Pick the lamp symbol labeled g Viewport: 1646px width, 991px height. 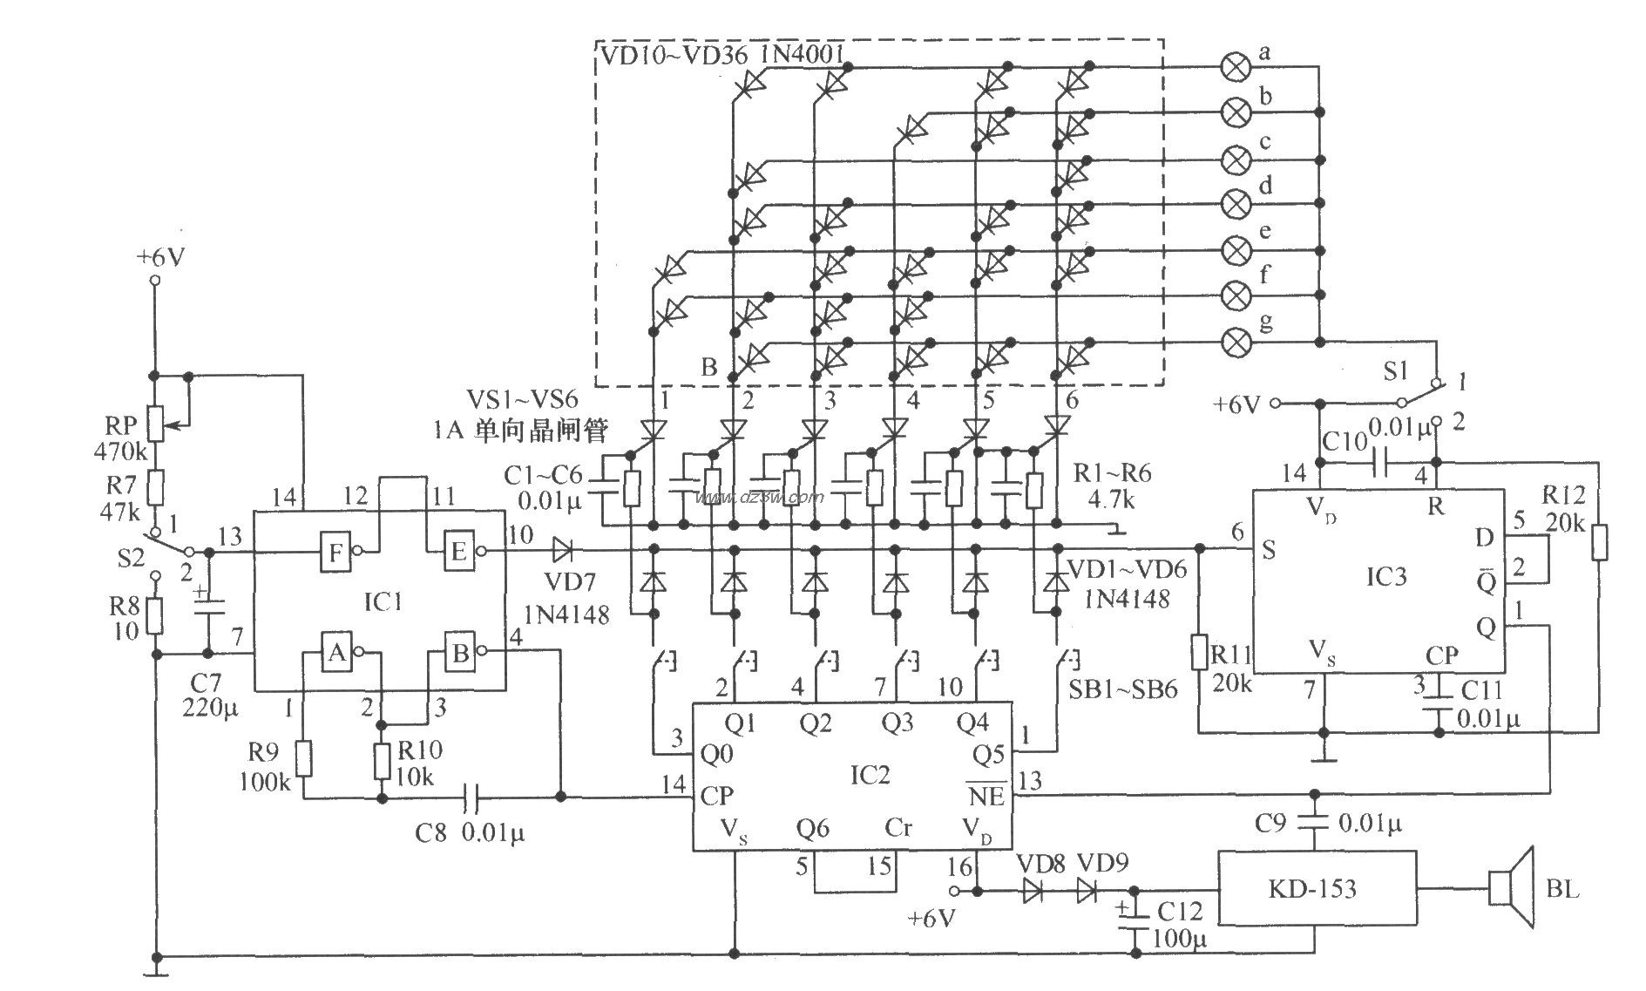click(1235, 342)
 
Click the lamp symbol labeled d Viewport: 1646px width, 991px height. click(1235, 204)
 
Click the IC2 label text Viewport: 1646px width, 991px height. click(869, 774)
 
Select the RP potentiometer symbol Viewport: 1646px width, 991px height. click(154, 424)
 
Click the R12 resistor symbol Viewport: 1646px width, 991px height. click(1599, 542)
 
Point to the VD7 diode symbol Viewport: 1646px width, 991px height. click(562, 550)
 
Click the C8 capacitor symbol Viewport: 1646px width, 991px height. click(471, 797)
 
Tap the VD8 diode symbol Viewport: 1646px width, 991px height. click(1033, 890)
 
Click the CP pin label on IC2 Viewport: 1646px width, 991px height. click(716, 796)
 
